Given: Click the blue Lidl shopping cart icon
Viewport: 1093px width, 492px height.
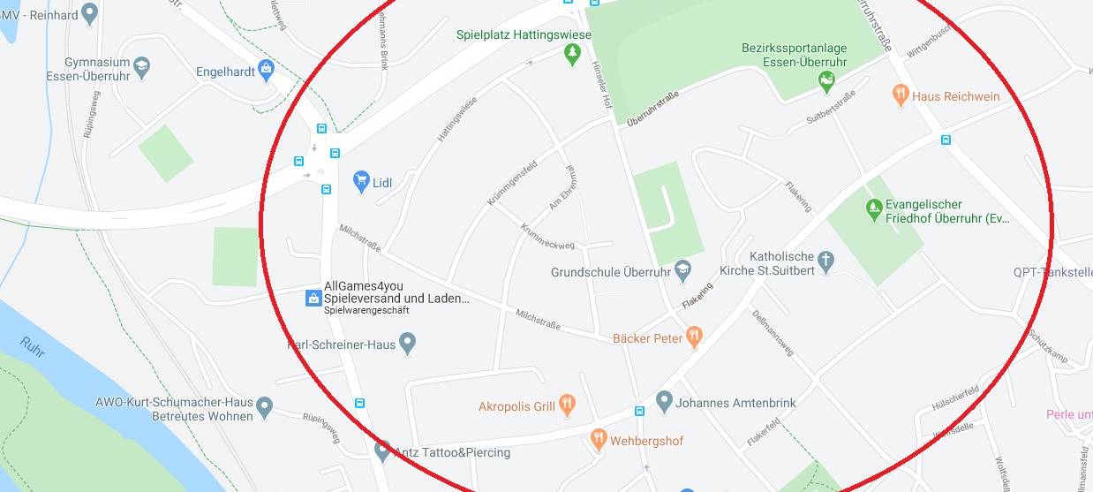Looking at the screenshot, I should [361, 182].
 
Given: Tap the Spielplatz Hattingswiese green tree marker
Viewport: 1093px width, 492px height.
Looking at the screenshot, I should [572, 55].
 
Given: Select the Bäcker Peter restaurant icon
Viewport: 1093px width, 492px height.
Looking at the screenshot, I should [695, 337].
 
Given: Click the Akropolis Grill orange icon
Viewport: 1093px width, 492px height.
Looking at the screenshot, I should [567, 406].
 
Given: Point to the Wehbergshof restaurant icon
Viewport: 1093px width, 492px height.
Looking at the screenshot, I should [599, 440].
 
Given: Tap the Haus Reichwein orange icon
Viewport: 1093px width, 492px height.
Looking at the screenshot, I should [901, 95].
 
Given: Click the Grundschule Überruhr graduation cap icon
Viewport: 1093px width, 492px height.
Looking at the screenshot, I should [682, 271].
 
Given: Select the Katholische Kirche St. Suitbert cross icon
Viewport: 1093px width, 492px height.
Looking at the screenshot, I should [825, 261].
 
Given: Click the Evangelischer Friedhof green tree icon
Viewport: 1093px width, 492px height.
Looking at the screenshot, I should [874, 210].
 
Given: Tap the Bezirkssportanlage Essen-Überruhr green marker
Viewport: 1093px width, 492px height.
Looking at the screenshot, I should [827, 82].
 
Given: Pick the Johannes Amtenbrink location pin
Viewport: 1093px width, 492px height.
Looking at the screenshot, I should [664, 402].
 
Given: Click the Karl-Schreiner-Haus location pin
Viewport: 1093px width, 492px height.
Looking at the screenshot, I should [407, 343].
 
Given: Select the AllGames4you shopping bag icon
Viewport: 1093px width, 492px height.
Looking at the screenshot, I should [313, 298].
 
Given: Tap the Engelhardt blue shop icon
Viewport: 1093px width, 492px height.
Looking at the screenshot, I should [267, 71].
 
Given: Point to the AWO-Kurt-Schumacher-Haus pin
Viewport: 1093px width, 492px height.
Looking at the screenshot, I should [265, 408].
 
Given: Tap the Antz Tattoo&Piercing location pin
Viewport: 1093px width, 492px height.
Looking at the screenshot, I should [382, 451].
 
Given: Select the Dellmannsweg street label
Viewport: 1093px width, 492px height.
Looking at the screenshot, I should [773, 333].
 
